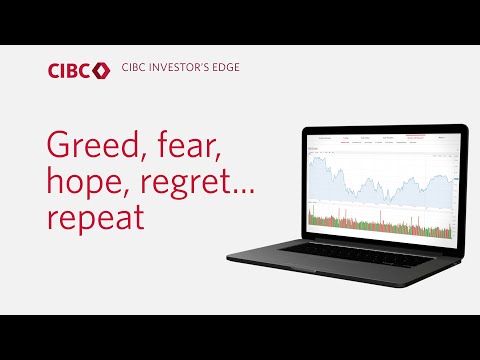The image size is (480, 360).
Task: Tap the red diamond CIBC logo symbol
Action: click(100, 71)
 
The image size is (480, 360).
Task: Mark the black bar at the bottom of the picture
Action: click(240, 337)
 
